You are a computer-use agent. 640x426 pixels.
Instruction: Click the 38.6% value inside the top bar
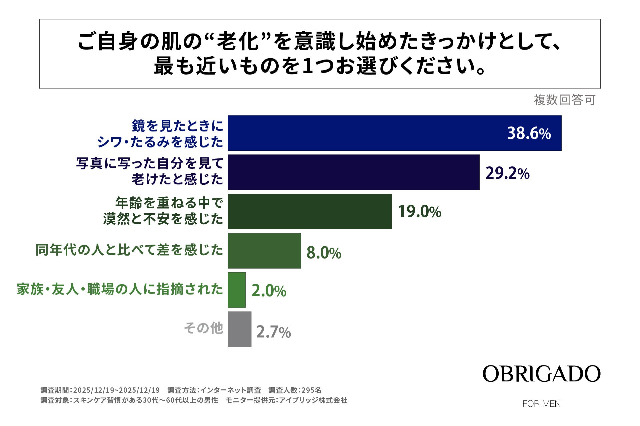pos(529,133)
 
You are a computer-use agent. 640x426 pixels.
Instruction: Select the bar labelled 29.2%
pos(353,172)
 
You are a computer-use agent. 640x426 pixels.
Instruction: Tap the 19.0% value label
pos(420,212)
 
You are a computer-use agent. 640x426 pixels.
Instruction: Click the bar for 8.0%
pos(264,251)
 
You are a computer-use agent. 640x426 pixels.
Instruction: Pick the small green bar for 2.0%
pos(237,290)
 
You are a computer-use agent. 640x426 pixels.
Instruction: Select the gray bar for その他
pos(239,329)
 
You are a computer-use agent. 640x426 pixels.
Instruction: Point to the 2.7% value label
pos(273,332)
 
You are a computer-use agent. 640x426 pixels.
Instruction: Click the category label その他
pos(203,328)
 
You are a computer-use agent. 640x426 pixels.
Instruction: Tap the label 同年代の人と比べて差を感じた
pos(129,250)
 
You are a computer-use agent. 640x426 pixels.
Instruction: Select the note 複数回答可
pos(564,100)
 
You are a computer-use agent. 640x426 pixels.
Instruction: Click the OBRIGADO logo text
pos(541,374)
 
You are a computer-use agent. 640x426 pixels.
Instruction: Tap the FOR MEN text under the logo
pos(541,404)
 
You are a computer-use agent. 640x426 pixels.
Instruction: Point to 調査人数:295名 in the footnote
pos(295,390)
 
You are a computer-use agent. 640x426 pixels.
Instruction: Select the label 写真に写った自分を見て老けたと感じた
pos(150,171)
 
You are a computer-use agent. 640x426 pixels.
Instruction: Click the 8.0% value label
pos(324,253)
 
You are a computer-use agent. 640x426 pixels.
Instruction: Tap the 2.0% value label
pos(269,291)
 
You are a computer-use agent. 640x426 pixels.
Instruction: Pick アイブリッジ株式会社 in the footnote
pos(313,400)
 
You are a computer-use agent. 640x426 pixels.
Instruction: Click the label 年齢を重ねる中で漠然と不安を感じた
pos(163,211)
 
